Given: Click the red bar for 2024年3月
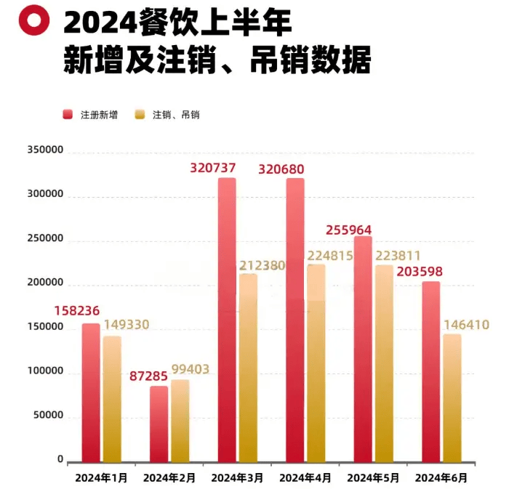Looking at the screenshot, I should [227, 320].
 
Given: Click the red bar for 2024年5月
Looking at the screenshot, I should [363, 349].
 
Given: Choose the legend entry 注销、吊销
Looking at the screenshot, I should [168, 115].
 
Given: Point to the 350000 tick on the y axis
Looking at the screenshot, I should [46, 150].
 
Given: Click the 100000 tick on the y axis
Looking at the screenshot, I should [46, 371].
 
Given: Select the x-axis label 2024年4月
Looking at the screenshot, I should [305, 478].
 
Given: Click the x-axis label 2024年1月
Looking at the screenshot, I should [101, 478].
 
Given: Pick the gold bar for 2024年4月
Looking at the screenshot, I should [316, 363].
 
